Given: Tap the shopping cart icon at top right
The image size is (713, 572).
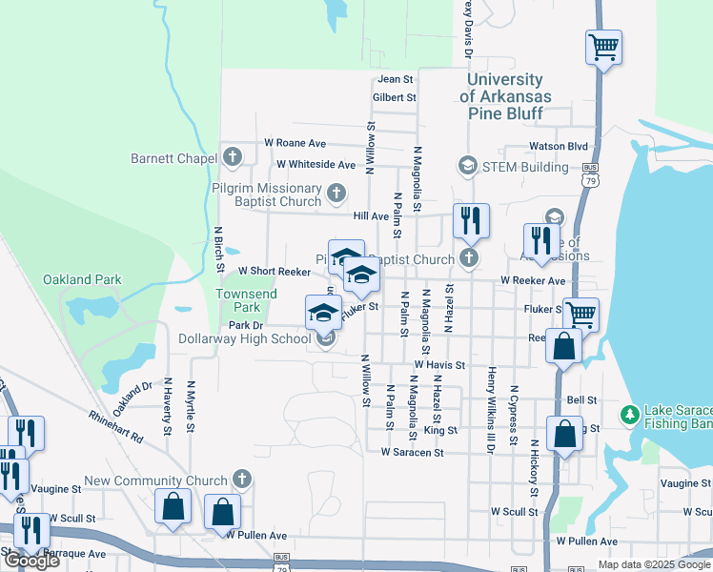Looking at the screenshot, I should (x=603, y=47).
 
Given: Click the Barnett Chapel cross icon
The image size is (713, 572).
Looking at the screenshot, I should (x=233, y=157).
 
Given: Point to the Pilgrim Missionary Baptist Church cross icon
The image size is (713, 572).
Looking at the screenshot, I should (x=336, y=194).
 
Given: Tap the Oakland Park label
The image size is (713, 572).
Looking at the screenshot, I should (x=82, y=279).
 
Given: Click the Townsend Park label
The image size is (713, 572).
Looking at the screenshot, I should (x=246, y=300).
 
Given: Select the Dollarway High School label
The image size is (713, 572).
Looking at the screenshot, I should (x=245, y=338).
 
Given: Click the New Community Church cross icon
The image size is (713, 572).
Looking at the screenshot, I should (x=242, y=480).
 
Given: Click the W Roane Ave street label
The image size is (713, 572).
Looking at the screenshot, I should (x=295, y=142).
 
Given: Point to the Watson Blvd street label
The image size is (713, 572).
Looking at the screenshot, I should (x=559, y=147).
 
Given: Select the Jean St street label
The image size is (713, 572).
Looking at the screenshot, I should (x=396, y=80).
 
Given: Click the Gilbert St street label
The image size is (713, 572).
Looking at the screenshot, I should (x=395, y=97).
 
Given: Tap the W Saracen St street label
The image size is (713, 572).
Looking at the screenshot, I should (x=412, y=453).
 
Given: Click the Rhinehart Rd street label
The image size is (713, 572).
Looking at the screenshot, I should (x=115, y=426).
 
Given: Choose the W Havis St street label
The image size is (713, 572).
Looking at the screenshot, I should (x=438, y=365).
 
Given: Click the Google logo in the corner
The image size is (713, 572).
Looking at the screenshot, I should (x=31, y=561).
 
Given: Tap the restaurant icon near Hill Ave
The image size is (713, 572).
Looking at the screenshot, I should (x=471, y=221).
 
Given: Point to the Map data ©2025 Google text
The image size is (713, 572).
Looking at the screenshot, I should (x=654, y=564).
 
